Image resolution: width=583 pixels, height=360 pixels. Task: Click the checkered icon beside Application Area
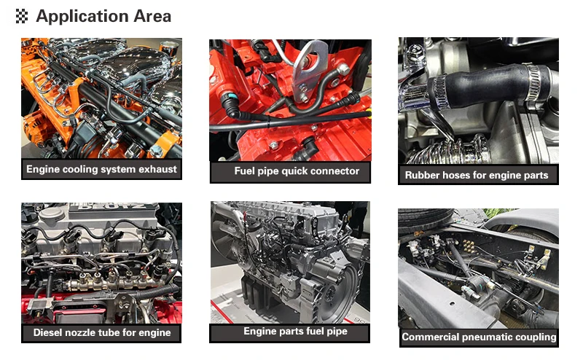pyautogui.click(x=22, y=16)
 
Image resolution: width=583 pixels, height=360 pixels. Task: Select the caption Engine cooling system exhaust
pyautogui.click(x=101, y=169)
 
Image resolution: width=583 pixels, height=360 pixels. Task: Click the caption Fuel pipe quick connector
pyautogui.click(x=297, y=171)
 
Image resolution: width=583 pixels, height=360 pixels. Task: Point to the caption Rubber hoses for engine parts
pyautogui.click(x=477, y=175)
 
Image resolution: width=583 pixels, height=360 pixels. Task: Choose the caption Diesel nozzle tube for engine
pyautogui.click(x=102, y=332)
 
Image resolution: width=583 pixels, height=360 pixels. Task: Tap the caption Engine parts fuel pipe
pyautogui.click(x=296, y=332)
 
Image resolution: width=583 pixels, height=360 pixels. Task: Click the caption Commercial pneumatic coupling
pyautogui.click(x=479, y=337)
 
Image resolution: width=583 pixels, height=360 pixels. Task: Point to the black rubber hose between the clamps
pyautogui.click(x=483, y=87)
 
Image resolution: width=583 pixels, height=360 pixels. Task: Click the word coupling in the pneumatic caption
pyautogui.click(x=537, y=337)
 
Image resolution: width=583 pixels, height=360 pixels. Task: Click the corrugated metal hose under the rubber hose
pyautogui.click(x=446, y=152)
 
